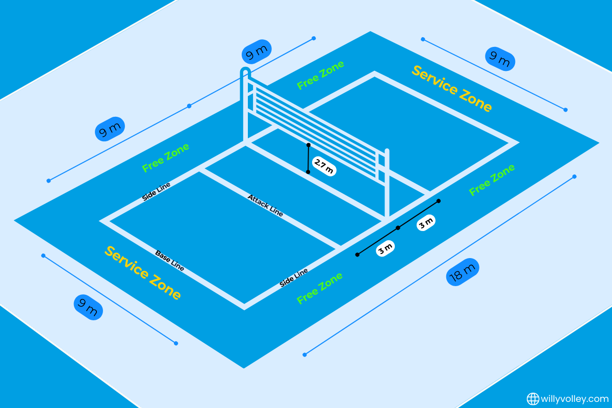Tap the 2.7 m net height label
pos(323,167)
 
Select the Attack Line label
pos(265,205)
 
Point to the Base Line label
pos(170,261)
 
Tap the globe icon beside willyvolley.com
pos(533,398)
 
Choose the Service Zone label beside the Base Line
pos(143,273)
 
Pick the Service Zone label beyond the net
pos(452,89)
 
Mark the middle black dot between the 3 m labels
pos(398,227)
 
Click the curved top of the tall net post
pos(245,71)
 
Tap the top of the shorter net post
pos(387,151)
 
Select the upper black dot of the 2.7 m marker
pos(309,145)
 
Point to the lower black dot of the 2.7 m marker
pos(308,172)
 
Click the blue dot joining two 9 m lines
pos(189,106)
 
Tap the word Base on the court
pos(163,256)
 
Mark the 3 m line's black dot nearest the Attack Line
pos(358,254)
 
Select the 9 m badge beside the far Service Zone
pos(500,59)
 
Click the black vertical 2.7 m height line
pos(308,159)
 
